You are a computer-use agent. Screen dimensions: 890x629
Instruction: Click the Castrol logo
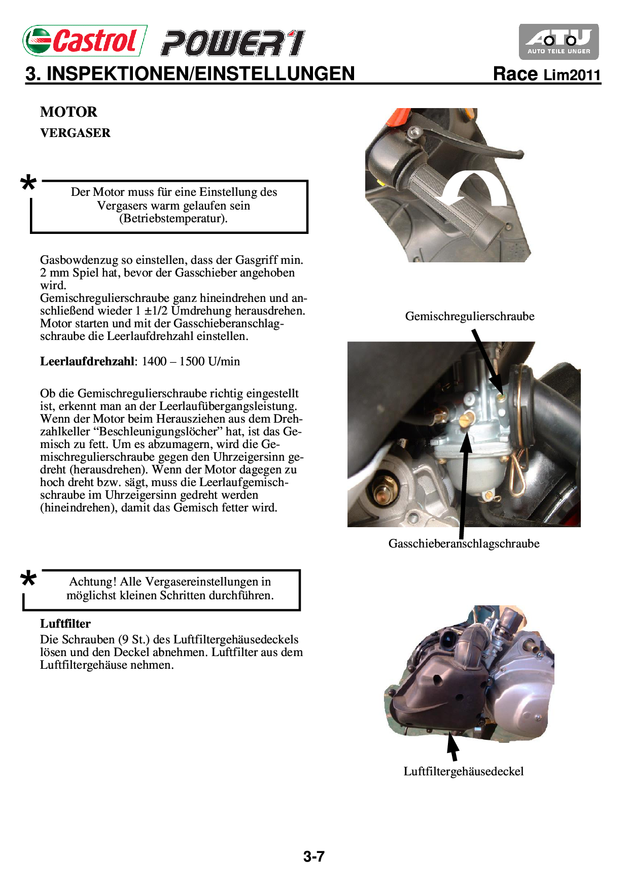pyautogui.click(x=85, y=41)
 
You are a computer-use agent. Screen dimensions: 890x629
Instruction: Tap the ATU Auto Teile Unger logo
pyautogui.click(x=558, y=42)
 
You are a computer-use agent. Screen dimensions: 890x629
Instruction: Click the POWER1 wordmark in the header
pyautogui.click(x=233, y=43)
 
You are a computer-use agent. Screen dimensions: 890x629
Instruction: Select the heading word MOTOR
pyautogui.click(x=68, y=112)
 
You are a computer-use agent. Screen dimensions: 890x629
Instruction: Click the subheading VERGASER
pyautogui.click(x=75, y=133)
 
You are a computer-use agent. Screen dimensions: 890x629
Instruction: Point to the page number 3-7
pyautogui.click(x=314, y=857)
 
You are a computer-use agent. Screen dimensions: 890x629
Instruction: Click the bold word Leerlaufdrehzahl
pyautogui.click(x=87, y=361)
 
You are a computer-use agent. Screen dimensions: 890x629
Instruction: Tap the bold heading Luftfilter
pyautogui.click(x=65, y=624)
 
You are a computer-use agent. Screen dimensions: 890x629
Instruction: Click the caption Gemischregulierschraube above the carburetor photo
pyautogui.click(x=470, y=316)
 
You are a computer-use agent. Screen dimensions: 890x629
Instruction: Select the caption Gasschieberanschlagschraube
pyautogui.click(x=464, y=543)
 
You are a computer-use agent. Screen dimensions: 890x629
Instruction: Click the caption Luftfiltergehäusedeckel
pyautogui.click(x=464, y=771)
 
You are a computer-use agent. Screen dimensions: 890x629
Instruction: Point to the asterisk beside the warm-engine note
pyautogui.click(x=28, y=183)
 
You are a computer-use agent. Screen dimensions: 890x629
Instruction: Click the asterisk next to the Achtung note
pyautogui.click(x=28, y=579)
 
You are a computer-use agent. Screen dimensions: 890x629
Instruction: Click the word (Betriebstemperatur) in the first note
pyautogui.click(x=173, y=219)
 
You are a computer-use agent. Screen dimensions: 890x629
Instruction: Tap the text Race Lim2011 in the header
pyautogui.click(x=547, y=74)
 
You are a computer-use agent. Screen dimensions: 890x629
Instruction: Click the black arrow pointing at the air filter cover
pyautogui.click(x=452, y=748)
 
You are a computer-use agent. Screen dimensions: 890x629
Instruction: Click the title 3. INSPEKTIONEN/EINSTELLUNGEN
pyautogui.click(x=190, y=74)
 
